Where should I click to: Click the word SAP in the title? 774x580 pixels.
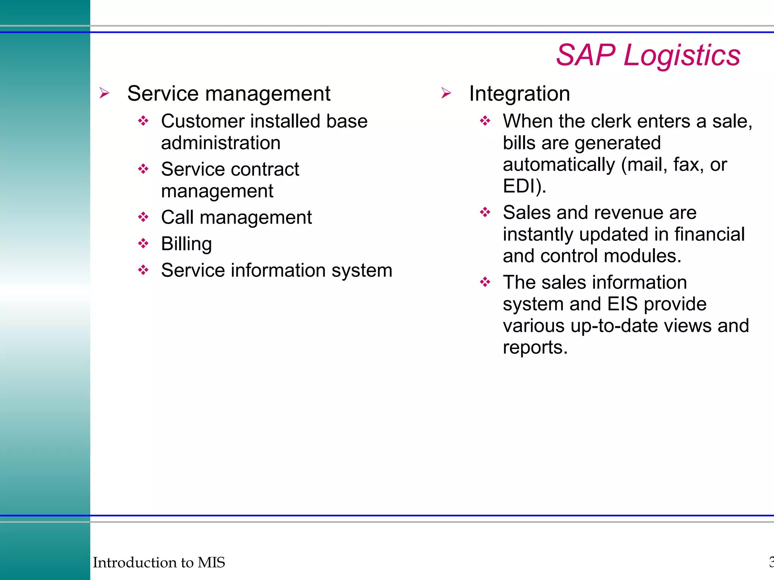pos(586,55)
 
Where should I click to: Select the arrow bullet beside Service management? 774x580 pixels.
pos(104,93)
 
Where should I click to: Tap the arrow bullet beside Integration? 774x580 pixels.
pos(446,93)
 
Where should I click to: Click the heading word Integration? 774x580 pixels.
pos(519,94)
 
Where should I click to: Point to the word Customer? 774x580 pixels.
pos(203,122)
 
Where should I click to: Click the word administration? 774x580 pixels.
pos(221,143)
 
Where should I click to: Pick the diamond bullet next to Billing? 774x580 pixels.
pos(143,243)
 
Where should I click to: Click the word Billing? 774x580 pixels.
pos(186,244)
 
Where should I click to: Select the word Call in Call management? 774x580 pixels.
pos(177,217)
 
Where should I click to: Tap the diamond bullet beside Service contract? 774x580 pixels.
pos(143,169)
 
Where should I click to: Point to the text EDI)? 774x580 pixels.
pos(524,186)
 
